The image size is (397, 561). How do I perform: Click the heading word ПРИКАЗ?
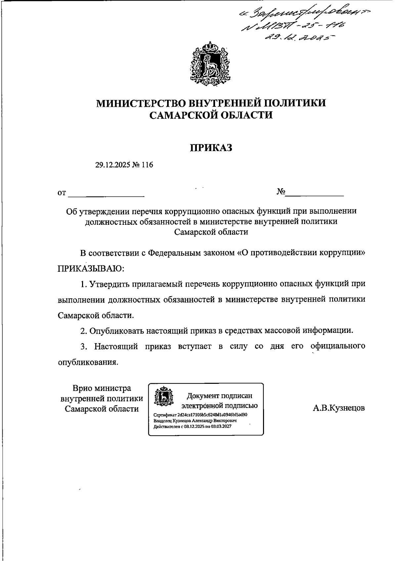coord(211,148)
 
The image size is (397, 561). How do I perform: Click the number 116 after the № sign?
coord(147,165)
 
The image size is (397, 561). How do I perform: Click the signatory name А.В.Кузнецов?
coord(339,408)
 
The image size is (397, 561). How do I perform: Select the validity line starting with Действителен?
coord(193,426)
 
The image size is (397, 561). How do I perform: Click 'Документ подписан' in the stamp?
coord(220,396)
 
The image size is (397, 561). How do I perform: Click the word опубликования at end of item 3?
coord(88,362)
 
